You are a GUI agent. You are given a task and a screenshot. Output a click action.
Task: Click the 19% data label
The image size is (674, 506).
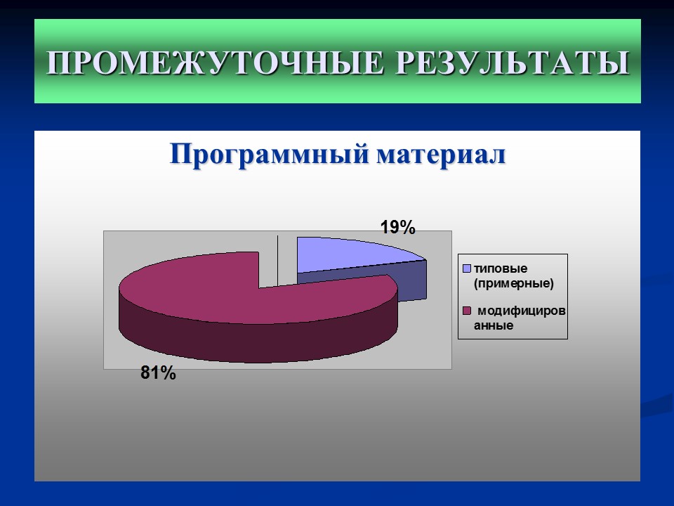(398, 227)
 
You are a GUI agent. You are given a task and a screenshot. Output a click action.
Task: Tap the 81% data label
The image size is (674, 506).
(158, 373)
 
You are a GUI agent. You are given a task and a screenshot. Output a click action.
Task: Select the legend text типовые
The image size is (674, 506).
(501, 268)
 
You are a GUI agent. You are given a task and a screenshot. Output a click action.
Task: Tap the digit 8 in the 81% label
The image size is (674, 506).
(145, 373)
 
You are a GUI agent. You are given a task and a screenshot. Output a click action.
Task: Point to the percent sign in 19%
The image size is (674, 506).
(409, 227)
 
